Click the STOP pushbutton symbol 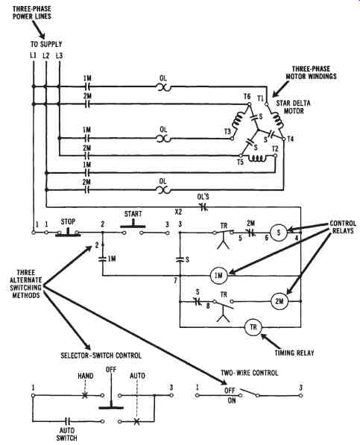68,232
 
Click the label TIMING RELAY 294,353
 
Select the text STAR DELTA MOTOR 294,107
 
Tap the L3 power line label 59,55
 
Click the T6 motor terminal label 247,96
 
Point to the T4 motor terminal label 290,139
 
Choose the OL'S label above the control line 203,197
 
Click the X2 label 178,212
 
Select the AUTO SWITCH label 66,435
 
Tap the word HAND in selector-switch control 86,376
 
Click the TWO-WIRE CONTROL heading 250,373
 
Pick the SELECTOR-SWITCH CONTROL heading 101,356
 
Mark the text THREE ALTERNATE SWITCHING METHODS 25,284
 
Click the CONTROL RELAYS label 343,227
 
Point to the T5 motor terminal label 240,162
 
